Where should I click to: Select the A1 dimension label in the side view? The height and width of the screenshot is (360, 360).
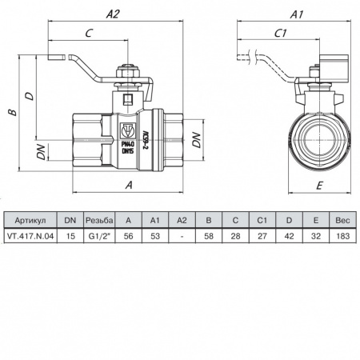click(x=296, y=14)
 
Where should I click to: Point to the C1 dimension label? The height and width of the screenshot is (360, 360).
click(x=282, y=33)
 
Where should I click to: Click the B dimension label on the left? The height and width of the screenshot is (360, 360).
click(x=11, y=112)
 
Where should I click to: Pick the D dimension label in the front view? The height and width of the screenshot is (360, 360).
click(x=29, y=95)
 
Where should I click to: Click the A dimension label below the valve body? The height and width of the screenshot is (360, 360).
click(x=129, y=184)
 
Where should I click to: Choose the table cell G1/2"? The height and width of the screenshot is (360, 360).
click(x=99, y=235)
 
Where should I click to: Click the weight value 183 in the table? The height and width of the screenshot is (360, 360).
click(x=342, y=235)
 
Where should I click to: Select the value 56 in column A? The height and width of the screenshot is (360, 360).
click(x=129, y=235)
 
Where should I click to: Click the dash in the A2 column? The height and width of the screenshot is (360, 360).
click(x=182, y=235)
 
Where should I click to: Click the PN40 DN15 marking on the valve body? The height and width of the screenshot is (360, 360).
click(x=127, y=145)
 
